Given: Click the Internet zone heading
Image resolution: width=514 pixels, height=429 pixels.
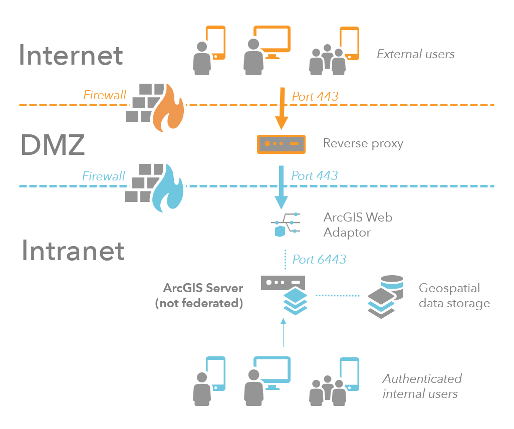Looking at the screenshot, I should click(71, 55).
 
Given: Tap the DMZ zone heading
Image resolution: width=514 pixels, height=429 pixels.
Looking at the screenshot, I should click(52, 145).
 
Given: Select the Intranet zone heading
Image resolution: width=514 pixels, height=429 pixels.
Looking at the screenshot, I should click(73, 250).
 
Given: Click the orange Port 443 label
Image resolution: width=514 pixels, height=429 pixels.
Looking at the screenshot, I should click(315, 96).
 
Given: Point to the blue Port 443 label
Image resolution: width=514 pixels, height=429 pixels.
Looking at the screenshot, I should click(314, 175).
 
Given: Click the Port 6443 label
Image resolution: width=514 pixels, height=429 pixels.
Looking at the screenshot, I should click(319, 259).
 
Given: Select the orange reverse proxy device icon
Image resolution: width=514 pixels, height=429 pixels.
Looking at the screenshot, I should click(281, 144).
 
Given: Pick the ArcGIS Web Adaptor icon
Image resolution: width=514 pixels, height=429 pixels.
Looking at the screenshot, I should click(286, 224).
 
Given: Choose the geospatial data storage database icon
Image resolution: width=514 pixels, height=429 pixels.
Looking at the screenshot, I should click(383, 296).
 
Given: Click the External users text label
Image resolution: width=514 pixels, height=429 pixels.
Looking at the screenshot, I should click(415, 54).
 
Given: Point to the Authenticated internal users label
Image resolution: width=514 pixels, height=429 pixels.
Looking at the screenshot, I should click(422, 386).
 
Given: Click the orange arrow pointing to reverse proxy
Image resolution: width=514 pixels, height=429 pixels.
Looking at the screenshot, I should click(282, 107).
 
